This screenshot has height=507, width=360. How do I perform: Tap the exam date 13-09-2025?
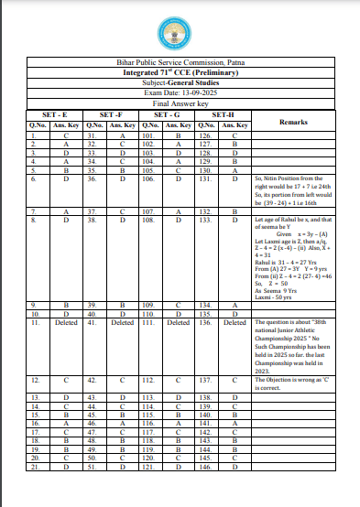180,90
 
